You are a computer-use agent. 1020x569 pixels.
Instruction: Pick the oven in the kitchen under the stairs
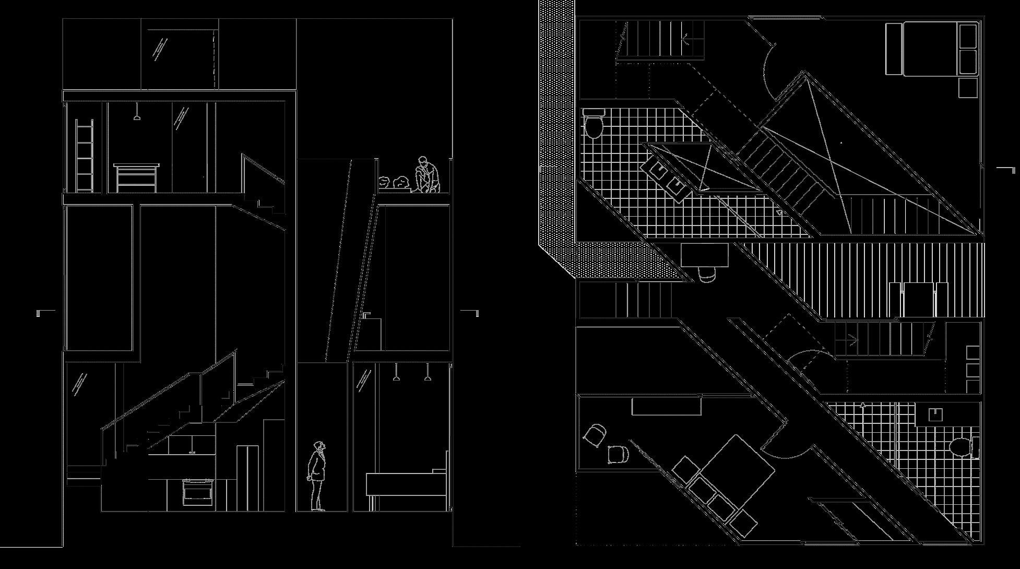197,492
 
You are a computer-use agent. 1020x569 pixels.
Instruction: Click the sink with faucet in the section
367,316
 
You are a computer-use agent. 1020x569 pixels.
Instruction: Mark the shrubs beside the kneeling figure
395,183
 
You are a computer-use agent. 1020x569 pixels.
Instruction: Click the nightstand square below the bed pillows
968,87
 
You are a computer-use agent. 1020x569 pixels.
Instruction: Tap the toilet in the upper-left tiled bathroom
593,124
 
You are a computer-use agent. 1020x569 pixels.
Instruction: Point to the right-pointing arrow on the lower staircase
849,341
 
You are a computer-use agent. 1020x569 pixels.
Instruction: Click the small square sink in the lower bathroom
935,414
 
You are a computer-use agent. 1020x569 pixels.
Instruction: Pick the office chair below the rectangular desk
707,274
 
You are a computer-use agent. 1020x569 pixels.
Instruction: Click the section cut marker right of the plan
1007,169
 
